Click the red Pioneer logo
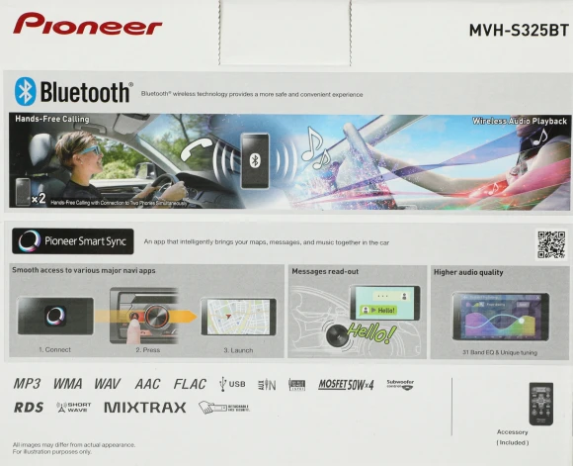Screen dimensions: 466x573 coord(88,24)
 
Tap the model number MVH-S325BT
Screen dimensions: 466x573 coord(518,30)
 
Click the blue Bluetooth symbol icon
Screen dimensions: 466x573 coord(25,91)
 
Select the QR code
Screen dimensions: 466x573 coord(551,243)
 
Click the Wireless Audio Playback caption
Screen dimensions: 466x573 coord(519,120)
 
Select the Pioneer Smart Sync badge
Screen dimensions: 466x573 coord(72,240)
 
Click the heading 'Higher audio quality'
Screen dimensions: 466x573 coord(467,271)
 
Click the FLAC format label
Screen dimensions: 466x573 coord(190,384)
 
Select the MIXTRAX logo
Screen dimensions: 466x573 coord(144,407)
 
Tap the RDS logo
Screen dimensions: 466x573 coord(30,407)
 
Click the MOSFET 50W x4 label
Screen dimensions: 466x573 coord(346,384)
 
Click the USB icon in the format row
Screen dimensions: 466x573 coord(233,384)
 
